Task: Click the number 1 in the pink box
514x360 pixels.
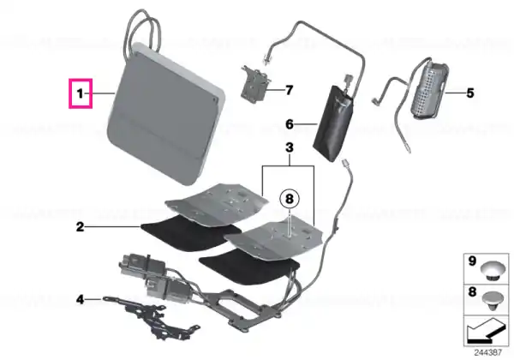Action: click(x=80, y=93)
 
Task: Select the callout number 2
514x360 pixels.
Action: click(x=80, y=227)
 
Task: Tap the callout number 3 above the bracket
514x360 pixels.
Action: click(x=290, y=148)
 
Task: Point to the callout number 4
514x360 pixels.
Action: click(x=80, y=299)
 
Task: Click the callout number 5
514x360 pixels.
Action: click(x=470, y=93)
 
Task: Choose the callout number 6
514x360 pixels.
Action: click(x=290, y=124)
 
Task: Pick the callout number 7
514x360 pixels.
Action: click(x=289, y=90)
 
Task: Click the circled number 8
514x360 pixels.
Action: click(x=290, y=199)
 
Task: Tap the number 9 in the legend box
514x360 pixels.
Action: click(x=472, y=261)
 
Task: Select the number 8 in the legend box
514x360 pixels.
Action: click(x=472, y=291)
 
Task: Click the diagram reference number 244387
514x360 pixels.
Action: click(x=487, y=352)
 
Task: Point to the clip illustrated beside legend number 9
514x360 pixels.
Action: click(x=493, y=271)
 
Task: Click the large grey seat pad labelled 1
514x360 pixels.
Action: click(x=165, y=115)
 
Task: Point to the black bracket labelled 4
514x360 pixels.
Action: click(x=152, y=317)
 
